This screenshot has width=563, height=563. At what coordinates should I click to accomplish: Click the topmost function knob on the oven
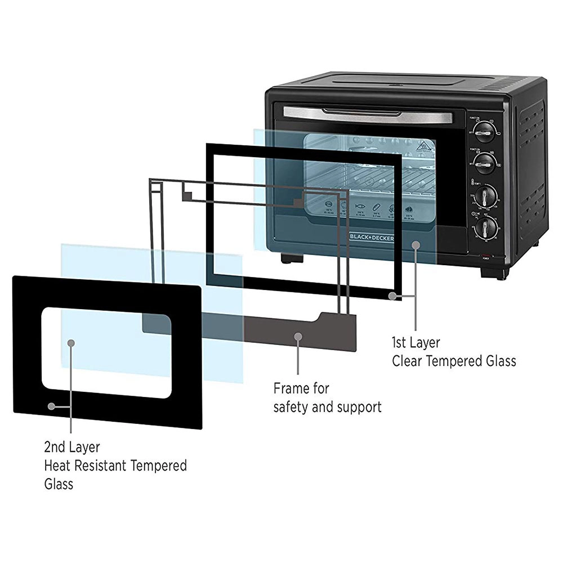click(x=484, y=134)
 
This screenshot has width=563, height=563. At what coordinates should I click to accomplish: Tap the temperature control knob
click(x=485, y=197)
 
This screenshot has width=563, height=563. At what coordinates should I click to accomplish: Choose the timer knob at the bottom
click(x=485, y=228)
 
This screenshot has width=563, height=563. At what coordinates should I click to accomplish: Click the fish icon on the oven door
click(x=359, y=206)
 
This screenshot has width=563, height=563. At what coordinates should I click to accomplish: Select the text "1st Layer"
click(x=416, y=342)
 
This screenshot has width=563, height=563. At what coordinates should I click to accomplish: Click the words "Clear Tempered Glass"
click(x=454, y=361)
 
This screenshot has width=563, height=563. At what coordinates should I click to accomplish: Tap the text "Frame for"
click(x=301, y=388)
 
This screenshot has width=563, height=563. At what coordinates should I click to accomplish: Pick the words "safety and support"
click(x=327, y=406)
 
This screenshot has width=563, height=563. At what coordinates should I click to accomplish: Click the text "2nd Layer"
click(x=72, y=448)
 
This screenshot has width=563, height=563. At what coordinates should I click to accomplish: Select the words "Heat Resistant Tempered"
click(x=115, y=466)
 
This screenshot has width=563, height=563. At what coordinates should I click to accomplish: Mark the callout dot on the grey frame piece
click(x=298, y=337)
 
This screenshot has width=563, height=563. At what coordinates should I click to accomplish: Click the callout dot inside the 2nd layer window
click(x=71, y=342)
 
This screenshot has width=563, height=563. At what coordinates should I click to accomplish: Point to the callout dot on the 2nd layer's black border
click(x=51, y=405)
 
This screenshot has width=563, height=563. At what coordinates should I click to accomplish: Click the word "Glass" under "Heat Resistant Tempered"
click(x=59, y=484)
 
